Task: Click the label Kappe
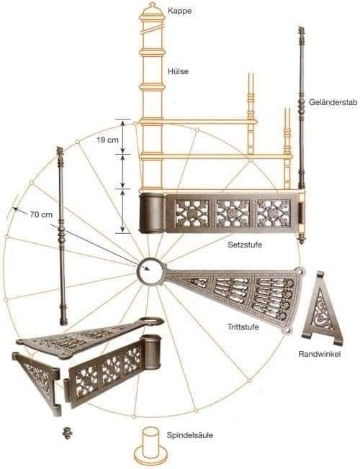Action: pyautogui.click(x=179, y=11)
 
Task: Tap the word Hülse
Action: pyautogui.click(x=179, y=71)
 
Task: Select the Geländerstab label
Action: pyautogui.click(x=333, y=102)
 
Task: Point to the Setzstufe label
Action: pyautogui.click(x=245, y=245)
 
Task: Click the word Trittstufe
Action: pyautogui.click(x=243, y=327)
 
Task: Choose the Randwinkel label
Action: pyautogui.click(x=320, y=354)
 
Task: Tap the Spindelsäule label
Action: pyautogui.click(x=190, y=435)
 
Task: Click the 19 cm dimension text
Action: pyautogui.click(x=107, y=140)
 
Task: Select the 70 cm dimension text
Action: pyautogui.click(x=41, y=214)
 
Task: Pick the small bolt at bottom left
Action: pyautogui.click(x=68, y=433)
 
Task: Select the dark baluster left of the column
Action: pyautogui.click(x=62, y=236)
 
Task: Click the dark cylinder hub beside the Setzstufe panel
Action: pyautogui.click(x=152, y=213)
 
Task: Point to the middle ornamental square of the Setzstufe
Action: pyautogui.click(x=233, y=213)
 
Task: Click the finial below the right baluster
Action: pyautogui.click(x=301, y=238)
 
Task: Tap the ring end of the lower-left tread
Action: pyautogui.click(x=151, y=322)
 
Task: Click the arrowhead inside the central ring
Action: pyautogui.click(x=146, y=268)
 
